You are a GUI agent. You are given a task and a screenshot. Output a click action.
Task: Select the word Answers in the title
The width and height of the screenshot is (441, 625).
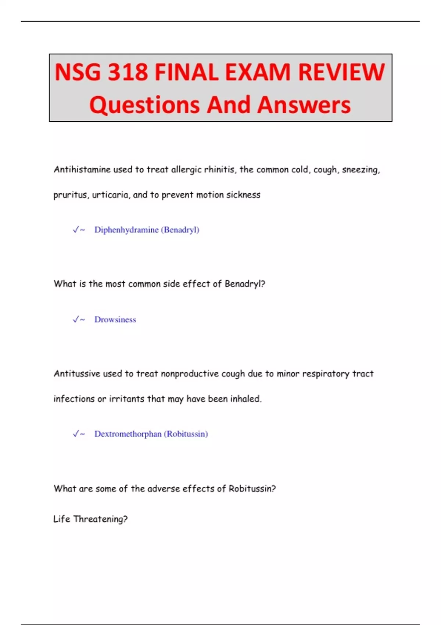(304, 105)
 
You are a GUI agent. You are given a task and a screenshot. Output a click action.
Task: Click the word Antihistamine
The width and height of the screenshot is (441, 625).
(82, 169)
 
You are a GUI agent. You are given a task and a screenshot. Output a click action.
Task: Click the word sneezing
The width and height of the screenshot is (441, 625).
(361, 169)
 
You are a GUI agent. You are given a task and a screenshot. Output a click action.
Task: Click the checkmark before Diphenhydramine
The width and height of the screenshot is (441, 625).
(76, 230)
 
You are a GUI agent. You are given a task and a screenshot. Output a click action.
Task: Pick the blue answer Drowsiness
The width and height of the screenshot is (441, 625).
(115, 319)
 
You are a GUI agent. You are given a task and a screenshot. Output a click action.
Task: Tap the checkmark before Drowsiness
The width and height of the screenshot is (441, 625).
(76, 319)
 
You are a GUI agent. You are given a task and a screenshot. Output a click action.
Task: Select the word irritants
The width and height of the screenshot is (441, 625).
(126, 399)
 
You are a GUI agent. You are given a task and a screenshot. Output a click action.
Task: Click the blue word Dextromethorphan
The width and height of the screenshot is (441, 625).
(128, 434)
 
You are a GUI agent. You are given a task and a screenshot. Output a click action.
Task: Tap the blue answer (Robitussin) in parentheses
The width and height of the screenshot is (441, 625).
(186, 434)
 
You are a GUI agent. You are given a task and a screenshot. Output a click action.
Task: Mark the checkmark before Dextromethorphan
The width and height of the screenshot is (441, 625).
(76, 434)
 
